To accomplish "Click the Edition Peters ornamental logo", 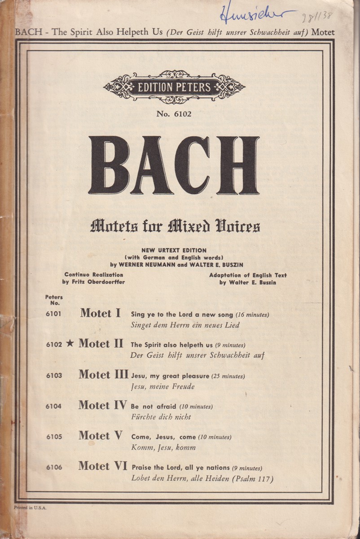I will [174, 87].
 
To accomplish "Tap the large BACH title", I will [174, 165].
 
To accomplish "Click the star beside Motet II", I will [70, 344].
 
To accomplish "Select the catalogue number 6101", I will [53, 314].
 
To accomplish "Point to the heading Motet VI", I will [103, 466].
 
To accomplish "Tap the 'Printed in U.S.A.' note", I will [30, 507].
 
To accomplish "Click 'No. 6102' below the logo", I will [174, 114].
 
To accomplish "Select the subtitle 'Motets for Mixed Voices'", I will [175, 226].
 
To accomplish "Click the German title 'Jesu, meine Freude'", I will [162, 386].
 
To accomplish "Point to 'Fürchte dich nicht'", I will [161, 417].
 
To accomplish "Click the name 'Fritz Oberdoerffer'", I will [93, 282].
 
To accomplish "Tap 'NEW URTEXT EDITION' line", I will [174, 250].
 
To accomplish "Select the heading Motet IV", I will [103, 405].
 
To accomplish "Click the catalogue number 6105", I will [53, 437].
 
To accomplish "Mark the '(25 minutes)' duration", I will [228, 376].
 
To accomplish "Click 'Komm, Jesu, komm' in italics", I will [163, 447].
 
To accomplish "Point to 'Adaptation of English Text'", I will [248, 275].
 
